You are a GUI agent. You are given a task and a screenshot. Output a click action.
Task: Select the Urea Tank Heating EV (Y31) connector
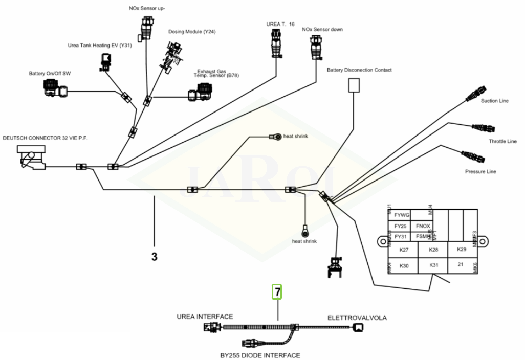point(106,61)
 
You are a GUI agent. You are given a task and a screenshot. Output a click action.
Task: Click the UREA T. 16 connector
point(276,43)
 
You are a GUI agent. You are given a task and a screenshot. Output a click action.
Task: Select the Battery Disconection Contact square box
point(354,85)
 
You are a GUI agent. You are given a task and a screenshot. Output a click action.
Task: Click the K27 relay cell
point(404,250)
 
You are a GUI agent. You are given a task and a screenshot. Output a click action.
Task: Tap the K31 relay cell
point(434,265)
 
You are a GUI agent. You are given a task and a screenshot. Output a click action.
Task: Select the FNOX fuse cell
point(423,226)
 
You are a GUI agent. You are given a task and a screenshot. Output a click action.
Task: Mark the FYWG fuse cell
point(402,215)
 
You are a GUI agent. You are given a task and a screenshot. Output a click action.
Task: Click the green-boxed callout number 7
point(277,292)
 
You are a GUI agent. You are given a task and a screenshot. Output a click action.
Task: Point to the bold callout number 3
point(155,257)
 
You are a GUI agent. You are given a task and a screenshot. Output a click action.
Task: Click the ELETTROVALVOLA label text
point(357,318)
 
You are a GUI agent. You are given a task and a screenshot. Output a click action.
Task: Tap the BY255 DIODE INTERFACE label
point(260,355)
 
